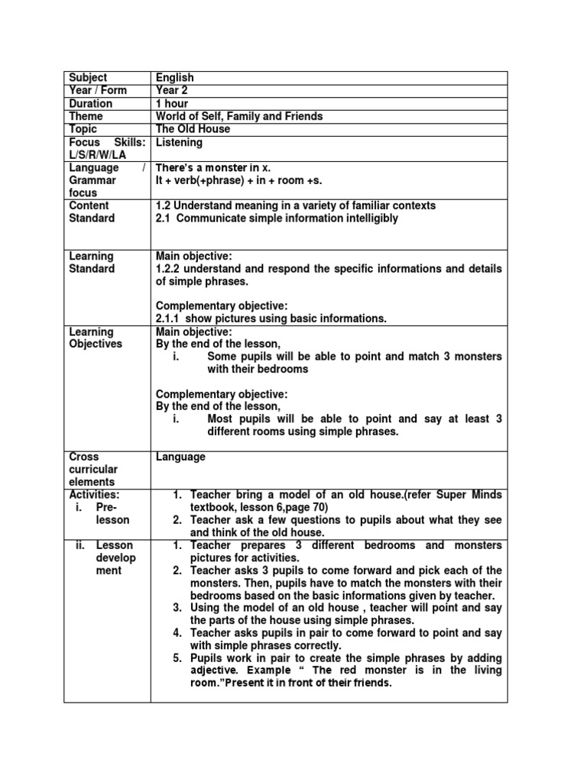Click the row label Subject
(x=88, y=78)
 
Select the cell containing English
(x=175, y=78)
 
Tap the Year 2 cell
(x=173, y=91)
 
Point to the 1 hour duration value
(x=172, y=104)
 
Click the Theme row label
(x=86, y=117)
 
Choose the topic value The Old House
(x=193, y=130)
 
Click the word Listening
(x=179, y=143)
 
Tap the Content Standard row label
(x=92, y=212)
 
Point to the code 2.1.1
(x=170, y=318)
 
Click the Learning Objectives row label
(x=96, y=338)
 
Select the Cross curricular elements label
(x=93, y=469)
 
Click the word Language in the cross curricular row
(x=180, y=457)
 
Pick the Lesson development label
(x=115, y=557)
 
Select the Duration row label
(x=90, y=104)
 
